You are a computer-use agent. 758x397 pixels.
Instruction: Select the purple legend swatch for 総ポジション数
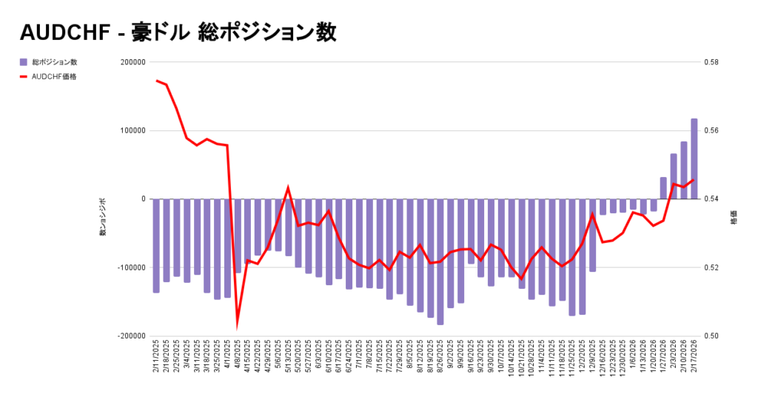click(24, 61)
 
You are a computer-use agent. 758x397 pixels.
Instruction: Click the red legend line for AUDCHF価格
click(24, 76)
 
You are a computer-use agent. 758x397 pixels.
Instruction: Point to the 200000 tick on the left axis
click(130, 62)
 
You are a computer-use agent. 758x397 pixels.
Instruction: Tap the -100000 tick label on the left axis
click(129, 267)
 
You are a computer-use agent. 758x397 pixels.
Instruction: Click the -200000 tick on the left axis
click(129, 336)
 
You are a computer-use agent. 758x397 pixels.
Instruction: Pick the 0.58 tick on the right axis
click(712, 62)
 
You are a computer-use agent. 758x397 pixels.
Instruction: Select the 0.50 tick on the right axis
click(712, 336)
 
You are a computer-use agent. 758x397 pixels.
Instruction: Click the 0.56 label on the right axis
click(712, 130)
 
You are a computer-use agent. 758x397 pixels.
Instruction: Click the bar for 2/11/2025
click(156, 245)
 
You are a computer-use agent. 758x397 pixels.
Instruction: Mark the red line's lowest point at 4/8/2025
click(238, 324)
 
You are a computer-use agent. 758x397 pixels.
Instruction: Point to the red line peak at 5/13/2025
click(288, 188)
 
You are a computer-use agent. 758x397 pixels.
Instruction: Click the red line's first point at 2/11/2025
click(156, 81)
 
